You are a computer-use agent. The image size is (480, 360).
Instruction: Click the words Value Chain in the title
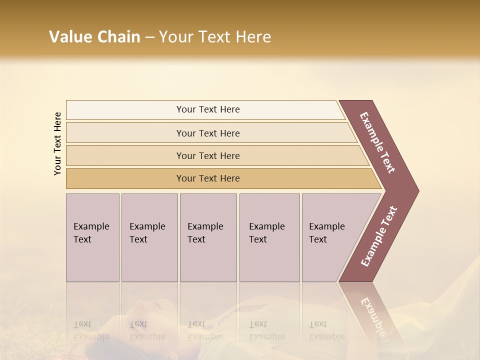pyautogui.click(x=94, y=37)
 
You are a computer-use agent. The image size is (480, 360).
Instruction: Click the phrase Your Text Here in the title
pyautogui.click(x=215, y=37)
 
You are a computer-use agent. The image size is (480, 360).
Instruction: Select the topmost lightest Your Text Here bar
pyautogui.click(x=207, y=109)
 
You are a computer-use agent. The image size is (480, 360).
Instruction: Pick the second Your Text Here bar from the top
pyautogui.click(x=207, y=133)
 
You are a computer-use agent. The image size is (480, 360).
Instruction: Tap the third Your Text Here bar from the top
pyautogui.click(x=207, y=155)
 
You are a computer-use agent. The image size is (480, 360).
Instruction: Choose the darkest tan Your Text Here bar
pyautogui.click(x=207, y=178)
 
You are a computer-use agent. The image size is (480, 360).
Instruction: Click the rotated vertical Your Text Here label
pyautogui.click(x=57, y=143)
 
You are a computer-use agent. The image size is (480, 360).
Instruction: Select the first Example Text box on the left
pyautogui.click(x=92, y=237)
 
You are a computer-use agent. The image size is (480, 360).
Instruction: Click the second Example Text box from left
pyautogui.click(x=149, y=237)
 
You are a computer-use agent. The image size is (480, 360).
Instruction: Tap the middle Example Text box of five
pyautogui.click(x=207, y=237)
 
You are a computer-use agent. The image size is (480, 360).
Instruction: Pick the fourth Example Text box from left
pyautogui.click(x=269, y=237)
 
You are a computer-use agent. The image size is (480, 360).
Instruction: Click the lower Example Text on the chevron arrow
pyautogui.click(x=378, y=236)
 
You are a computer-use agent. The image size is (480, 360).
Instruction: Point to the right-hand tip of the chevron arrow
pyautogui.click(x=417, y=191)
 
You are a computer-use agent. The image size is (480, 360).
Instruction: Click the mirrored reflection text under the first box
pyautogui.click(x=91, y=330)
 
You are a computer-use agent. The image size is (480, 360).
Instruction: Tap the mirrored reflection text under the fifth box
pyautogui.click(x=326, y=330)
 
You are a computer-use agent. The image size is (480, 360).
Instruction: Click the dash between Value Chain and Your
pyautogui.click(x=149, y=37)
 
